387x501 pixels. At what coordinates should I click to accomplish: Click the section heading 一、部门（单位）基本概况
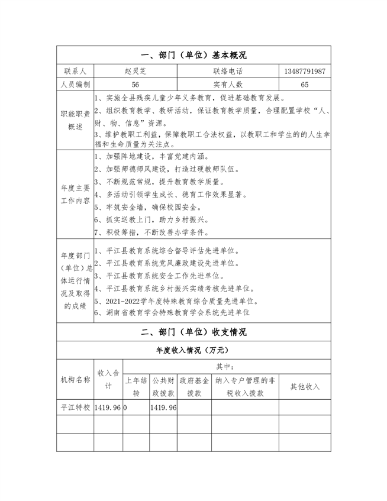[x=193, y=56]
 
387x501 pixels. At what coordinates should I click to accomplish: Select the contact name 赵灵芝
[x=136, y=71]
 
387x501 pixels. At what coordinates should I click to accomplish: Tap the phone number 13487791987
[x=304, y=71]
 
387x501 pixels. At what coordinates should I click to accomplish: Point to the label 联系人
[x=75, y=71]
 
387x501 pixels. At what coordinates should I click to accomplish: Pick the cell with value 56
[x=136, y=85]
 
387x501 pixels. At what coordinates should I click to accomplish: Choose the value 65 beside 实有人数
[x=304, y=85]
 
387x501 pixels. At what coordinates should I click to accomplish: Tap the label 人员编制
[x=75, y=85]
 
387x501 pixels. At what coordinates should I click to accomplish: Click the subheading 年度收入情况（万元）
[x=193, y=350]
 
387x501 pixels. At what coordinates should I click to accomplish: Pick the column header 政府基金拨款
[x=194, y=386]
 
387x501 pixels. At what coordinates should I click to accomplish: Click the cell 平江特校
[x=75, y=408]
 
